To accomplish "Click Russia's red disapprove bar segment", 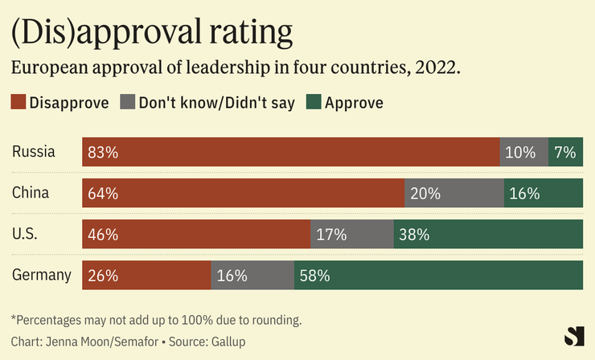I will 290,152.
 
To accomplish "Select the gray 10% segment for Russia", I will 523,152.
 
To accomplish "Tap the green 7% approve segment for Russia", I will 565,152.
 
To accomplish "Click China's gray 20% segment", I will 454,193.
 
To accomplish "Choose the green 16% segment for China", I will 543,193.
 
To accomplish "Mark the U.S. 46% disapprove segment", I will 196,234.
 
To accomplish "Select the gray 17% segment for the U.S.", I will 352,234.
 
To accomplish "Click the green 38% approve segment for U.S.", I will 488,234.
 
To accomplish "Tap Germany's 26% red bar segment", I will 146,275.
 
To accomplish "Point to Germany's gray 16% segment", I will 252,275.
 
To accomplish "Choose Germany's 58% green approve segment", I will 438,275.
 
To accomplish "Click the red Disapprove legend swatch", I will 18,102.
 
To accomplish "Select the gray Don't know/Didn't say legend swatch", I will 128,102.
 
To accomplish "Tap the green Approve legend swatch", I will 314,102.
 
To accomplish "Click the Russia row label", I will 34,152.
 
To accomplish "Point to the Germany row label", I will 42,275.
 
